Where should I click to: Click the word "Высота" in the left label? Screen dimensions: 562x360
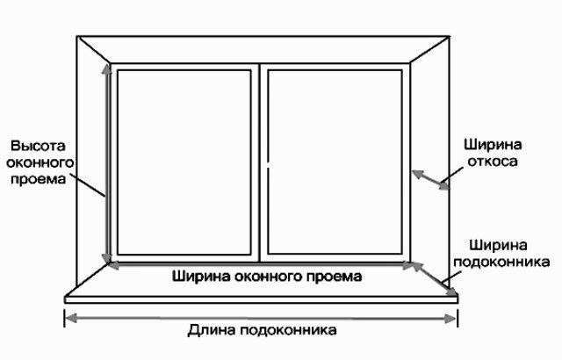(38, 146)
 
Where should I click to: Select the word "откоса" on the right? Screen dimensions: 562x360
(493, 162)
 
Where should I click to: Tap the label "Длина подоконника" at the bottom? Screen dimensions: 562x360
(262, 330)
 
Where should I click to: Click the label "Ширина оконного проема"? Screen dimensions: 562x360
(267, 277)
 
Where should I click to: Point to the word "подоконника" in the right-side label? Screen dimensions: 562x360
(501, 262)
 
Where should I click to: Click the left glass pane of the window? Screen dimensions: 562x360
(184, 162)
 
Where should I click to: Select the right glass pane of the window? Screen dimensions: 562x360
(335, 162)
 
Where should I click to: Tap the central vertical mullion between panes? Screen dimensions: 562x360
(260, 163)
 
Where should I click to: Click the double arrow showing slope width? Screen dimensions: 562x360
(430, 180)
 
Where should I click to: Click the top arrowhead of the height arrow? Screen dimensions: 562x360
(106, 68)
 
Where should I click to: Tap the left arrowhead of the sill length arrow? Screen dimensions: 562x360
(71, 318)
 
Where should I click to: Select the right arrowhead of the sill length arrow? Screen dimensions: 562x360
(450, 319)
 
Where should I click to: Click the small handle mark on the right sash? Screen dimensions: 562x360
(268, 166)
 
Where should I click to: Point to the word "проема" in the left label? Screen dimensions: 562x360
(39, 179)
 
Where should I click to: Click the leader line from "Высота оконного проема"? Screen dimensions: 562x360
(87, 185)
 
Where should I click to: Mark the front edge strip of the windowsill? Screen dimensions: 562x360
(262, 299)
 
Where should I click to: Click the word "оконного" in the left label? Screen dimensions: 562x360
(40, 162)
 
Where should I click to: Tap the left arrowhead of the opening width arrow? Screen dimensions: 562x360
(114, 265)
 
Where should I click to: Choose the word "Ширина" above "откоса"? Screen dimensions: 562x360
(493, 145)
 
